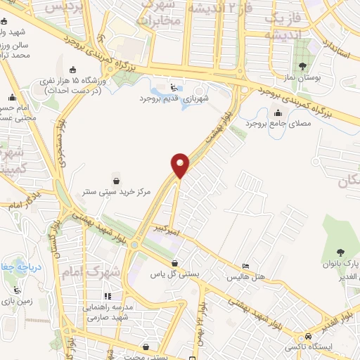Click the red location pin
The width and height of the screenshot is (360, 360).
click(181, 165)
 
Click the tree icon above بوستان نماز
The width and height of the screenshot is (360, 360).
click(302, 67)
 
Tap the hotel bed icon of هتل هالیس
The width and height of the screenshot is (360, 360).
click(244, 265)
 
